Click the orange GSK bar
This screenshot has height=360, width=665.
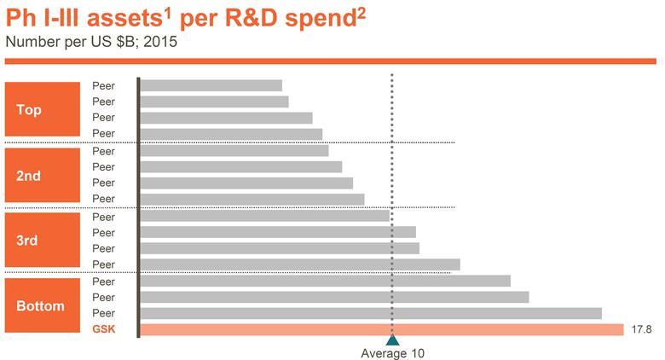(x=381, y=329)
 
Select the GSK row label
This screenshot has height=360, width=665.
(x=103, y=329)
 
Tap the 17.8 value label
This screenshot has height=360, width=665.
(x=641, y=329)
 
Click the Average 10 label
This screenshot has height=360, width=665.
(x=392, y=353)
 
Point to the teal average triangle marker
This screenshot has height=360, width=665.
(x=392, y=340)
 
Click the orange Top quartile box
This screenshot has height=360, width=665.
(x=29, y=109)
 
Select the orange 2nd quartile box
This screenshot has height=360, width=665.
(x=29, y=175)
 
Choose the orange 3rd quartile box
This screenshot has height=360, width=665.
(x=29, y=241)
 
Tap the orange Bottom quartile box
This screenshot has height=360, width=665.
(x=40, y=305)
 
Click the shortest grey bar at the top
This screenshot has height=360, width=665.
(x=211, y=85)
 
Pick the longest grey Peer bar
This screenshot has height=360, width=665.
(x=371, y=313)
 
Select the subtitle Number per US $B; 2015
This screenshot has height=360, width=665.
(x=91, y=41)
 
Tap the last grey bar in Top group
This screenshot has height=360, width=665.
(x=231, y=134)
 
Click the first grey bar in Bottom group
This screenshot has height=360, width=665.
(x=325, y=281)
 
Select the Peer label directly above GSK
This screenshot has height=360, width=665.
(x=103, y=313)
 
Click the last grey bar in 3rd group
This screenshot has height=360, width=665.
(x=300, y=264)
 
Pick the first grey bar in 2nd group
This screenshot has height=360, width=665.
(x=234, y=151)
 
